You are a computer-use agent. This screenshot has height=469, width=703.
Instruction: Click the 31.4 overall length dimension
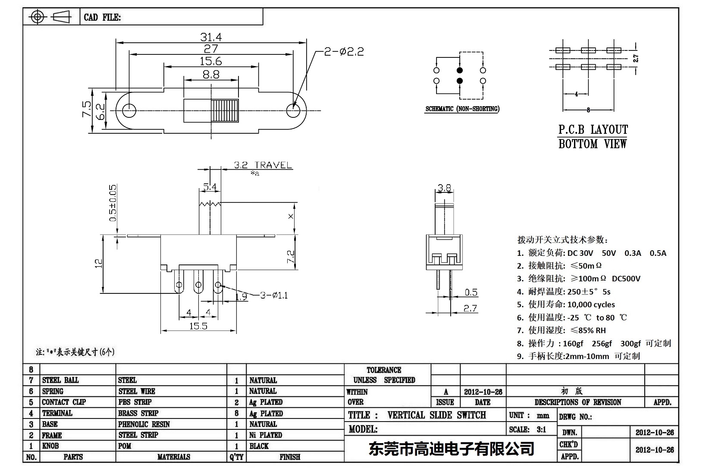pos(211,37)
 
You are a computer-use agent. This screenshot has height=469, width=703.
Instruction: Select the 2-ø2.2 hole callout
pos(344,52)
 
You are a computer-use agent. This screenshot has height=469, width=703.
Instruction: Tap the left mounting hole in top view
pos(129,110)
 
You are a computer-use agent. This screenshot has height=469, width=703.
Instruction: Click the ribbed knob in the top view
pos(225,110)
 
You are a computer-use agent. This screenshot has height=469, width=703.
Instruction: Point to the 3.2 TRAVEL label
pos(263,165)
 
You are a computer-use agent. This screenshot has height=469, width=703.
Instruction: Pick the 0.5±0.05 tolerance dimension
pos(113,203)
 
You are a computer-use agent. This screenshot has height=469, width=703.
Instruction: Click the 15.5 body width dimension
pos(198,326)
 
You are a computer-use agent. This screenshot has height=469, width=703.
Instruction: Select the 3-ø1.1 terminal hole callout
pos(274,295)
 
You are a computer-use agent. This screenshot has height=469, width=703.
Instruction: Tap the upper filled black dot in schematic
pos(460,70)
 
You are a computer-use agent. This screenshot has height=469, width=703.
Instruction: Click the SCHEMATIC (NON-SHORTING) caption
pos(462,109)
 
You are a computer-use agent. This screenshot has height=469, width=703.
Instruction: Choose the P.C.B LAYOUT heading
pos(593,129)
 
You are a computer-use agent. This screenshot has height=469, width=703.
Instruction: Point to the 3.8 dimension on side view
pos(444,188)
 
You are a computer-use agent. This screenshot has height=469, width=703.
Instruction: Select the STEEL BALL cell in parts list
pos(60,380)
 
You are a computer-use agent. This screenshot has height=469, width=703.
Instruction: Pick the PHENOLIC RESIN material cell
pos(144,424)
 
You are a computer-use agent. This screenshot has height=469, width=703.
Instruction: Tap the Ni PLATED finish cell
pos(265,435)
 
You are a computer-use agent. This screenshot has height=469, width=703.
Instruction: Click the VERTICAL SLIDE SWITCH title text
pos(436,415)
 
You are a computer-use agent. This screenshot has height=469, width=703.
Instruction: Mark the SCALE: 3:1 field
pos(527,429)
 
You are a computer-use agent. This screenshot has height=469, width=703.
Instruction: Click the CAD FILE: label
pos(102,18)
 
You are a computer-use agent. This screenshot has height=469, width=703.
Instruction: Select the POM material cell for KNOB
pos(125,446)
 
